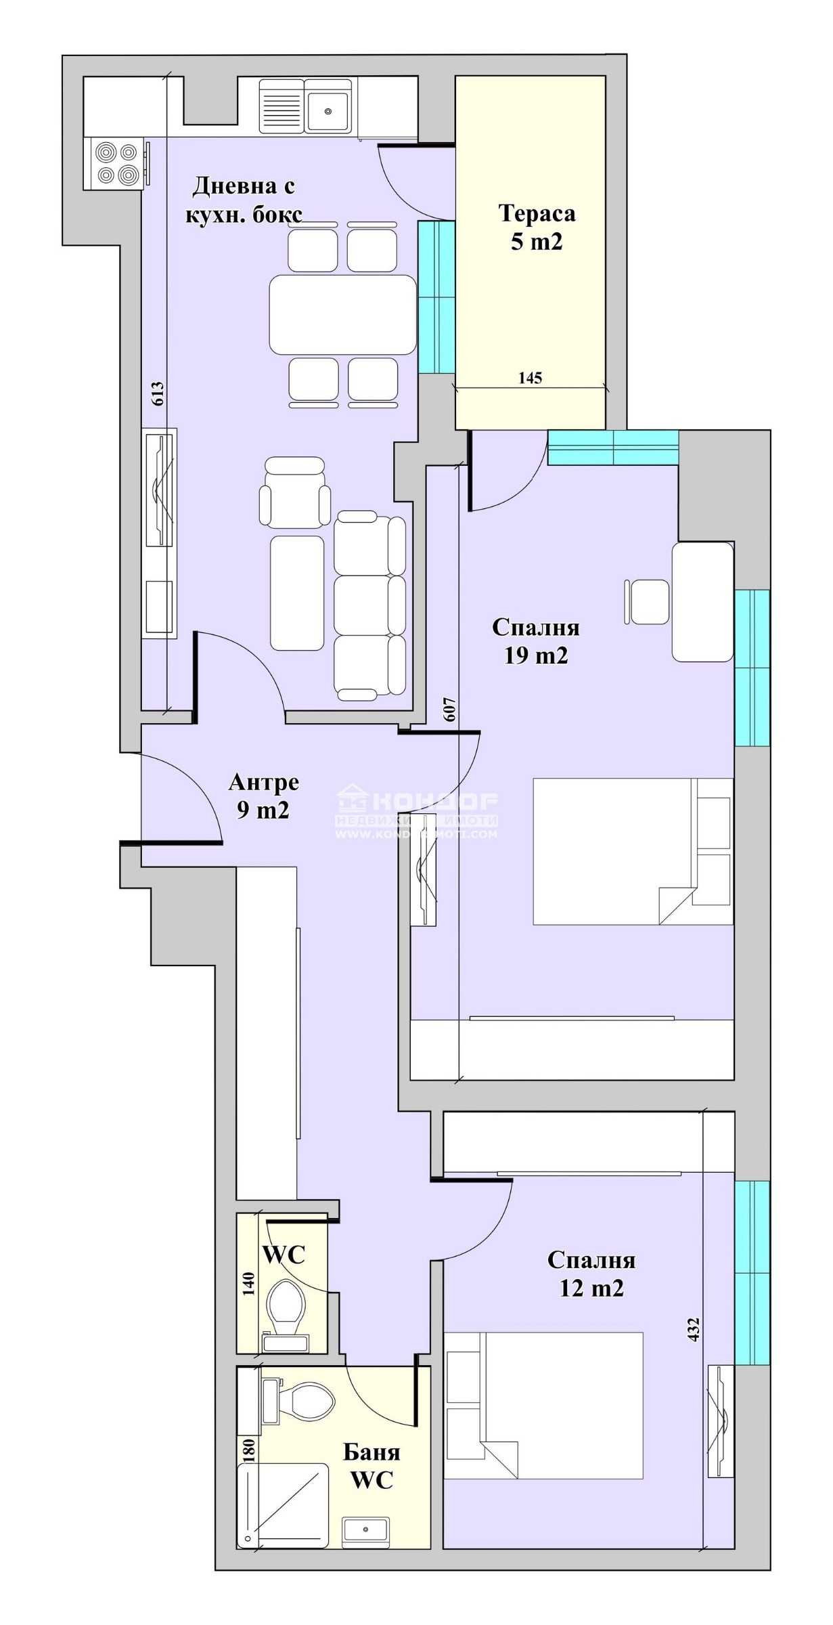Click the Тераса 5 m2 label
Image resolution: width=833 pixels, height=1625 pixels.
pyautogui.click(x=537, y=227)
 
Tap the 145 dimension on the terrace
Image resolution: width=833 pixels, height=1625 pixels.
pyautogui.click(x=530, y=378)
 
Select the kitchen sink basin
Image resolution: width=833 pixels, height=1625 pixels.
pyautogui.click(x=328, y=111)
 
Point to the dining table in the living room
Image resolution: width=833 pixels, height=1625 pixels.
pyautogui.click(x=342, y=314)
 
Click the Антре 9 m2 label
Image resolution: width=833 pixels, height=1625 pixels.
pyautogui.click(x=263, y=796)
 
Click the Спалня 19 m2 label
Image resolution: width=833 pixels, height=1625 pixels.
pyautogui.click(x=535, y=641)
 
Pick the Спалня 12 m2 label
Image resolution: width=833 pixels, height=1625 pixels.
pyautogui.click(x=591, y=1274)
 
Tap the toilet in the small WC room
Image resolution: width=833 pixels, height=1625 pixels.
pyautogui.click(x=285, y=1305)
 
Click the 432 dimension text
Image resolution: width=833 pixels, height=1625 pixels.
pyautogui.click(x=692, y=1329)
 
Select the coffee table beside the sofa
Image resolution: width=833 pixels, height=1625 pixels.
pyautogui.click(x=296, y=593)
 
